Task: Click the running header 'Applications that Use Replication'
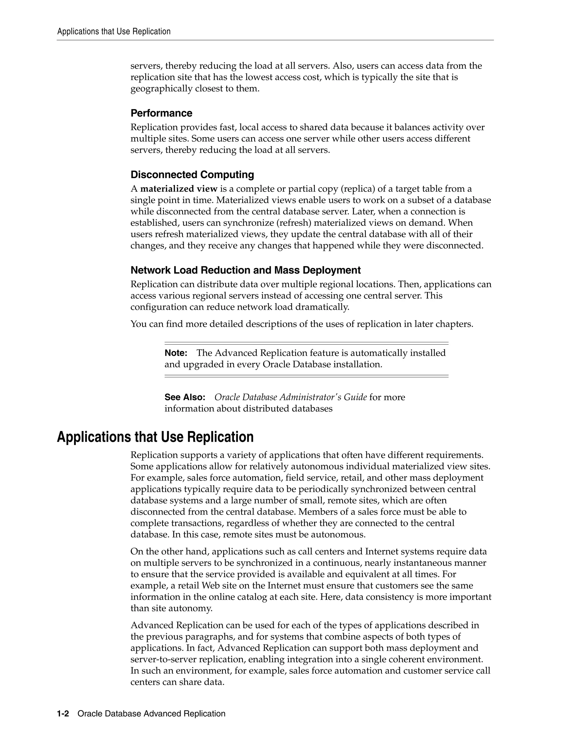114,32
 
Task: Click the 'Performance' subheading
161,113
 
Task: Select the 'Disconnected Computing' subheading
192,175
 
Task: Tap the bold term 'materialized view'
179,189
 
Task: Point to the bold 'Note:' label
176,353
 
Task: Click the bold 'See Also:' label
185,397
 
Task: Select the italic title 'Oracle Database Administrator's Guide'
290,397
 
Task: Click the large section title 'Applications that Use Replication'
155,437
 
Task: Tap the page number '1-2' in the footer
63,714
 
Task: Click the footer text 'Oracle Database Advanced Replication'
151,714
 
